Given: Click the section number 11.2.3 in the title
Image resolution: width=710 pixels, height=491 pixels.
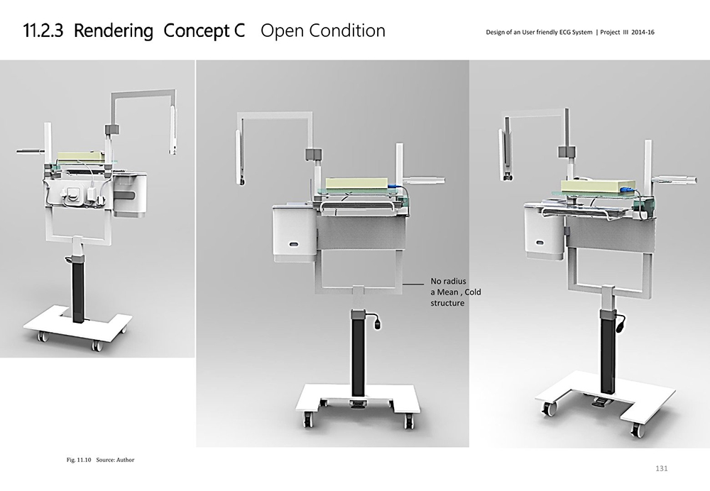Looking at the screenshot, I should pos(44,31).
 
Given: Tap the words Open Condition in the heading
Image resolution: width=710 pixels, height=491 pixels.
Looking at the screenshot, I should pos(323,31).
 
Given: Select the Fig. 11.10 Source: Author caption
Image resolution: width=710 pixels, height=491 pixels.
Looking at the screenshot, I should pos(99,460).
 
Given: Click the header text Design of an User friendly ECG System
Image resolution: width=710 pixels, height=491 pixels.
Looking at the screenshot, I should pos(540,33).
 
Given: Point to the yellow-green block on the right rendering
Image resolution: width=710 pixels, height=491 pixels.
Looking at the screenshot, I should pos(593,186).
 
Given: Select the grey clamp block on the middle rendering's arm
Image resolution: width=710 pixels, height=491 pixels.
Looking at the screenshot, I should pos(313,154).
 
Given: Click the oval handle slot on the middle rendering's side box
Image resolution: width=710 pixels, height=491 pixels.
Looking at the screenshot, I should pos(293,243).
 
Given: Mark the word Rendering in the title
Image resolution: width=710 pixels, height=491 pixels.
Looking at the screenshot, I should pos(113,31).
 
